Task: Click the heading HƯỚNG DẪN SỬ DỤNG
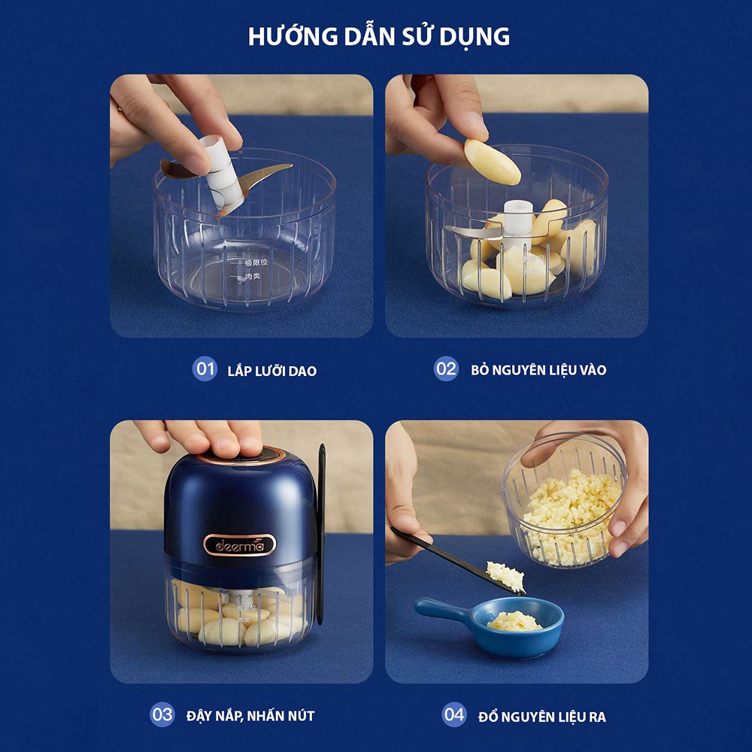coord(379,36)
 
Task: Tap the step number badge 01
coord(204,369)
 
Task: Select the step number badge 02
coord(446,369)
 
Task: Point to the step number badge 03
coord(162,714)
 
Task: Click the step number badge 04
coord(454,714)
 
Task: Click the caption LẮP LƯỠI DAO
coord(271,371)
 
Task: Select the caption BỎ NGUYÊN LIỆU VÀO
coord(538,370)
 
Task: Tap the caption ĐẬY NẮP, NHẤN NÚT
coord(250,715)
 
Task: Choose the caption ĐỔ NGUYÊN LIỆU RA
coord(542,716)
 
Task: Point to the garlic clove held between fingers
coord(492,162)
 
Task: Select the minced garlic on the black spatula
coord(505,575)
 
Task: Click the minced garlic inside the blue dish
coord(514,621)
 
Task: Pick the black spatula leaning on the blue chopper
coord(321,526)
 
